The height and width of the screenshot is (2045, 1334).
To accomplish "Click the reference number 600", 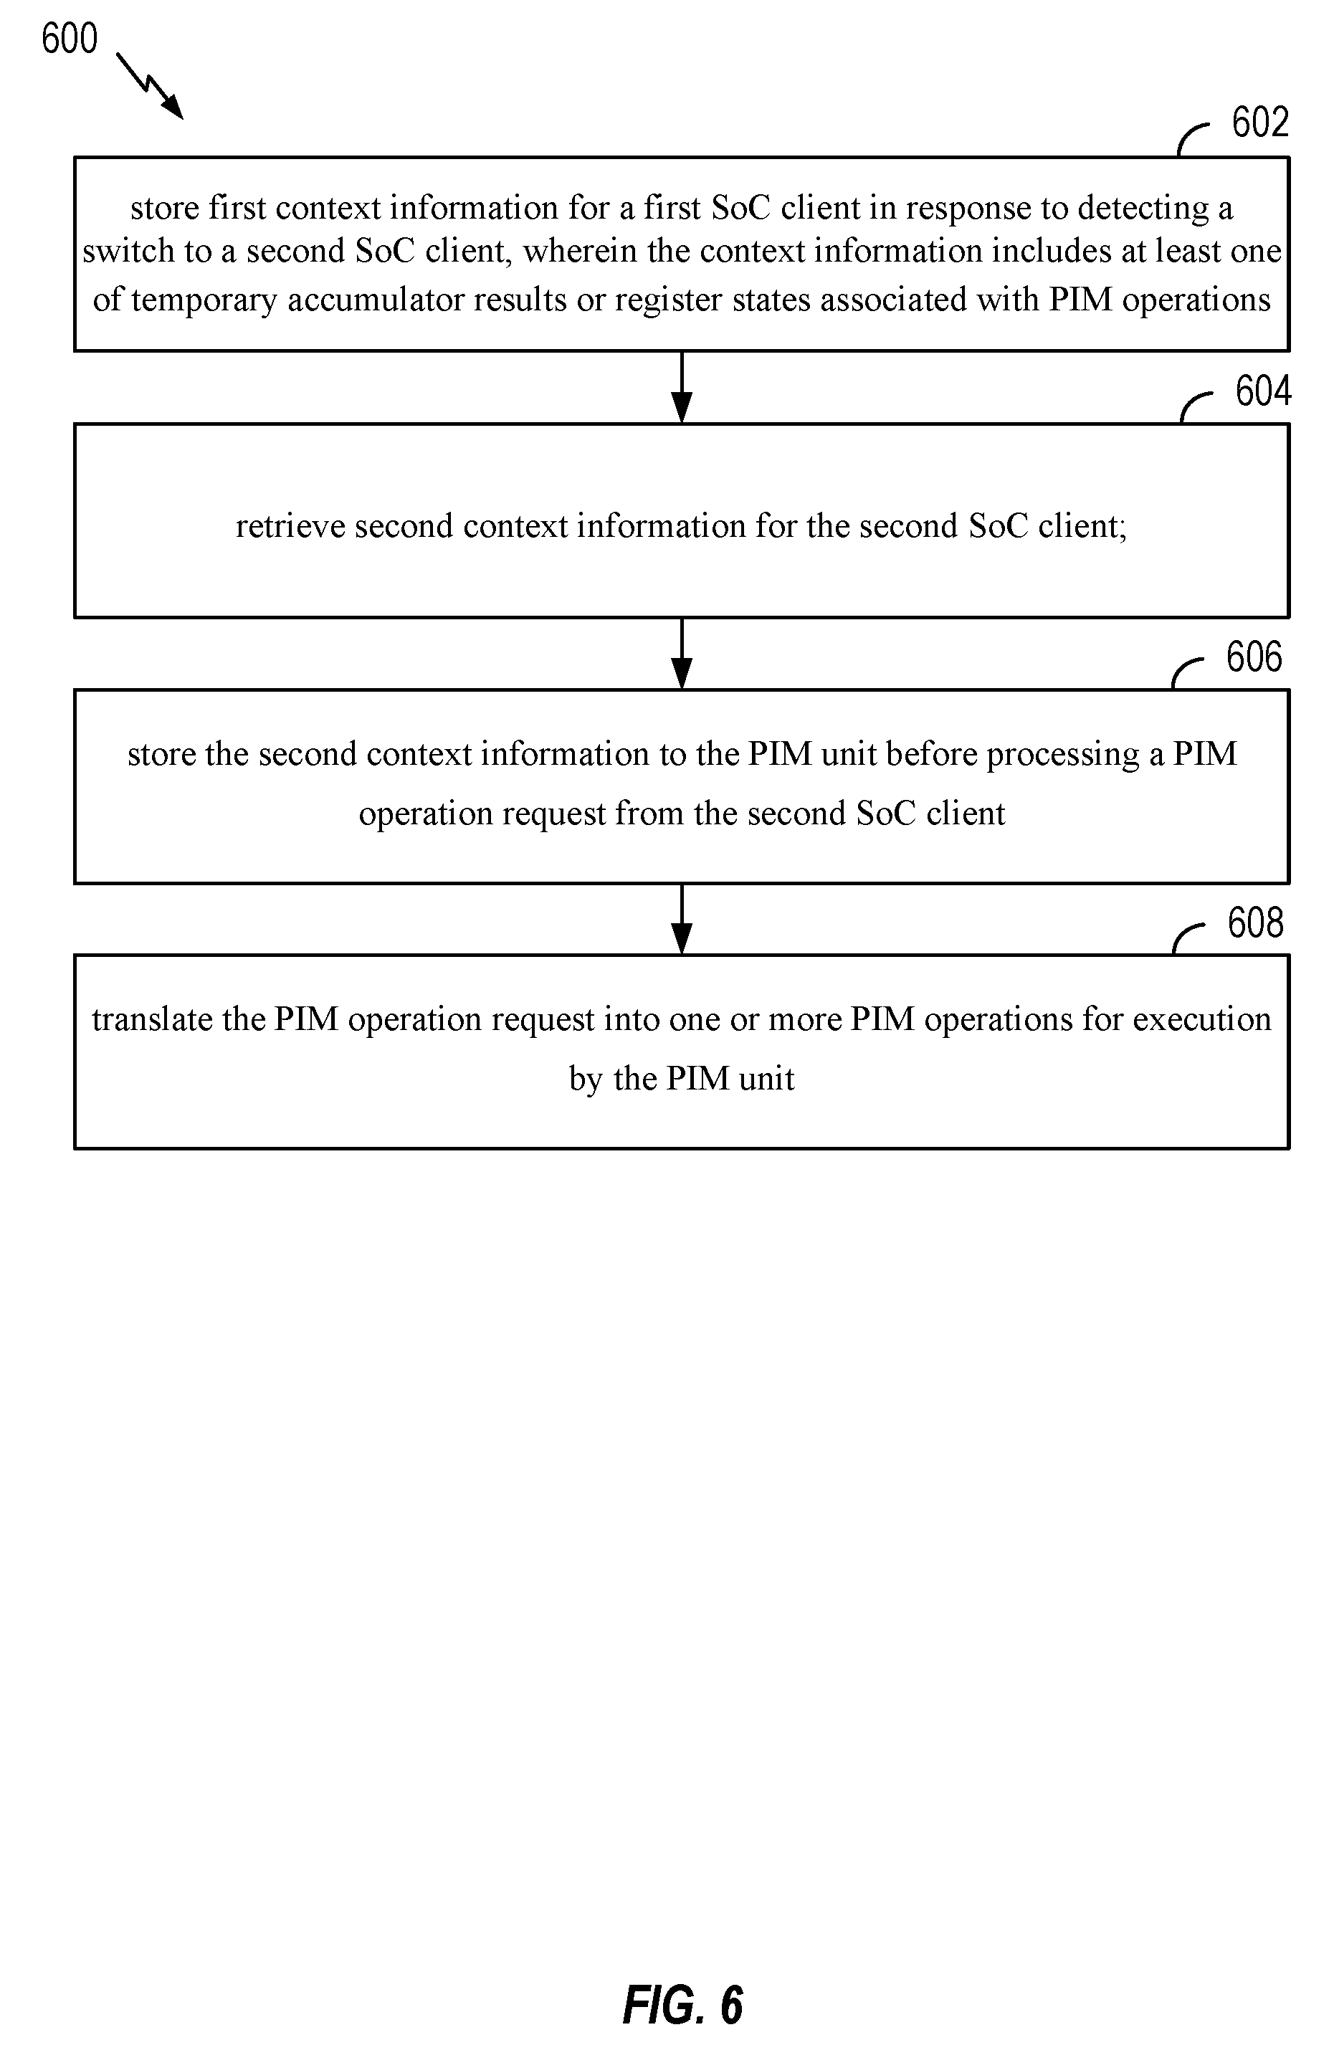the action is coord(70,39).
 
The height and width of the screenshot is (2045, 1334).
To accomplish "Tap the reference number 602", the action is coord(1260,122).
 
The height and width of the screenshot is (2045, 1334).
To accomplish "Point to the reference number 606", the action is coord(1254,657).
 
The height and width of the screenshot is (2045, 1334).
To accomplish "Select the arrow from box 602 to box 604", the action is coord(682,388).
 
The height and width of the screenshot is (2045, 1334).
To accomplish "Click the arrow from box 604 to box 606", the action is coord(682,653).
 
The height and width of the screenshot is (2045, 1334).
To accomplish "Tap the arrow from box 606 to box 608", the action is coord(682,920).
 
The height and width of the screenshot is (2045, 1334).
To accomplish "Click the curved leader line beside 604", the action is coord(1194,405).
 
